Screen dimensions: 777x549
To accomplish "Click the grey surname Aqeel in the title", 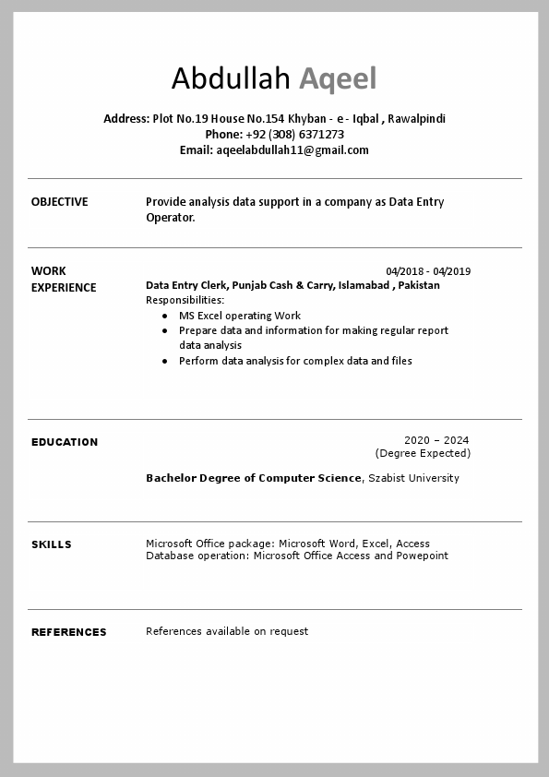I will [338, 79].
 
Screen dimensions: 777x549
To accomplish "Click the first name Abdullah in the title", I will [231, 79].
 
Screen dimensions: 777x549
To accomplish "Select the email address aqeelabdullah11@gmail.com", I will [292, 150].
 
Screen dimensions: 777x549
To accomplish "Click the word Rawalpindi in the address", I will [416, 119].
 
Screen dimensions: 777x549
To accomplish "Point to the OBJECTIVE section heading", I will [60, 202].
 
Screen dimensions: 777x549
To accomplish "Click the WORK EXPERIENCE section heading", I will [63, 280].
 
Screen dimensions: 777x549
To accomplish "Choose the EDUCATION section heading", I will [65, 442].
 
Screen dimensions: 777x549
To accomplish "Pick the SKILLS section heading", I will [52, 544].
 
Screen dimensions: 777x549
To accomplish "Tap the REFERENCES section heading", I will [69, 632].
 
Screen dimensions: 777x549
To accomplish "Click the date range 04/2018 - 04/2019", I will [428, 271].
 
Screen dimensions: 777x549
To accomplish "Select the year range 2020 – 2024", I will [436, 440].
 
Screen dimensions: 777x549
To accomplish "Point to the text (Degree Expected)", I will [423, 453].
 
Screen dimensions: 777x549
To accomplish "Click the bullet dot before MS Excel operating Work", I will [165, 316].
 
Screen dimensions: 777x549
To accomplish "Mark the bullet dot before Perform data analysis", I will [165, 361].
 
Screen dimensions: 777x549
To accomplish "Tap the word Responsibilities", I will [185, 300].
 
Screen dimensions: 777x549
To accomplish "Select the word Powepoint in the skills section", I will [423, 556].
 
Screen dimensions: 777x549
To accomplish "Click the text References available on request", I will [227, 631].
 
